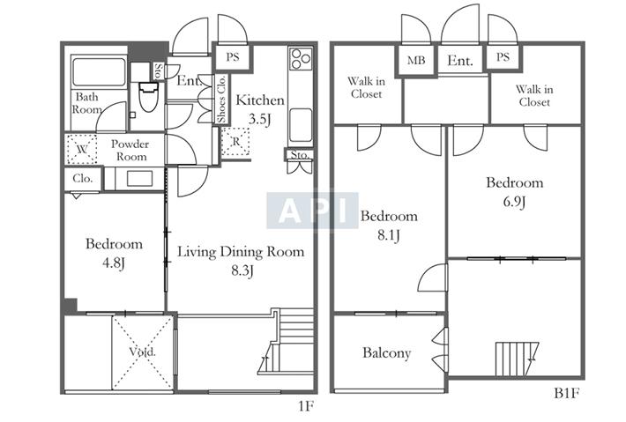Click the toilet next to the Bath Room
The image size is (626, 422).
[148, 96]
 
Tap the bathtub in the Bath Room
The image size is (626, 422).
[99, 72]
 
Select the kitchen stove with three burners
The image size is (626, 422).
[301, 59]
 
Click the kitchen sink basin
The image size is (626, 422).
[301, 125]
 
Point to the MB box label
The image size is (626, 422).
[416, 60]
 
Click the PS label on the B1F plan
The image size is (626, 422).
[503, 57]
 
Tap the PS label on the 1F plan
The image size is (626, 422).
[233, 57]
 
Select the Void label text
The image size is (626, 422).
[142, 352]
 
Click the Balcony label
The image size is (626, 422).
[386, 353]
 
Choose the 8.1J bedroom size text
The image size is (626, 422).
[389, 235]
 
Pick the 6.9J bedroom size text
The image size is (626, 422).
[514, 202]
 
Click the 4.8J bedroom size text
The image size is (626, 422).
[114, 263]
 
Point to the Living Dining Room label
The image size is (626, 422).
[241, 252]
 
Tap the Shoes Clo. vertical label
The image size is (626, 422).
[221, 100]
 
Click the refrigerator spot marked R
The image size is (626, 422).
[236, 142]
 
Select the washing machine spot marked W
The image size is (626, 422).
[82, 150]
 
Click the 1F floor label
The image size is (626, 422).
[306, 406]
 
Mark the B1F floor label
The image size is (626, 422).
[566, 394]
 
